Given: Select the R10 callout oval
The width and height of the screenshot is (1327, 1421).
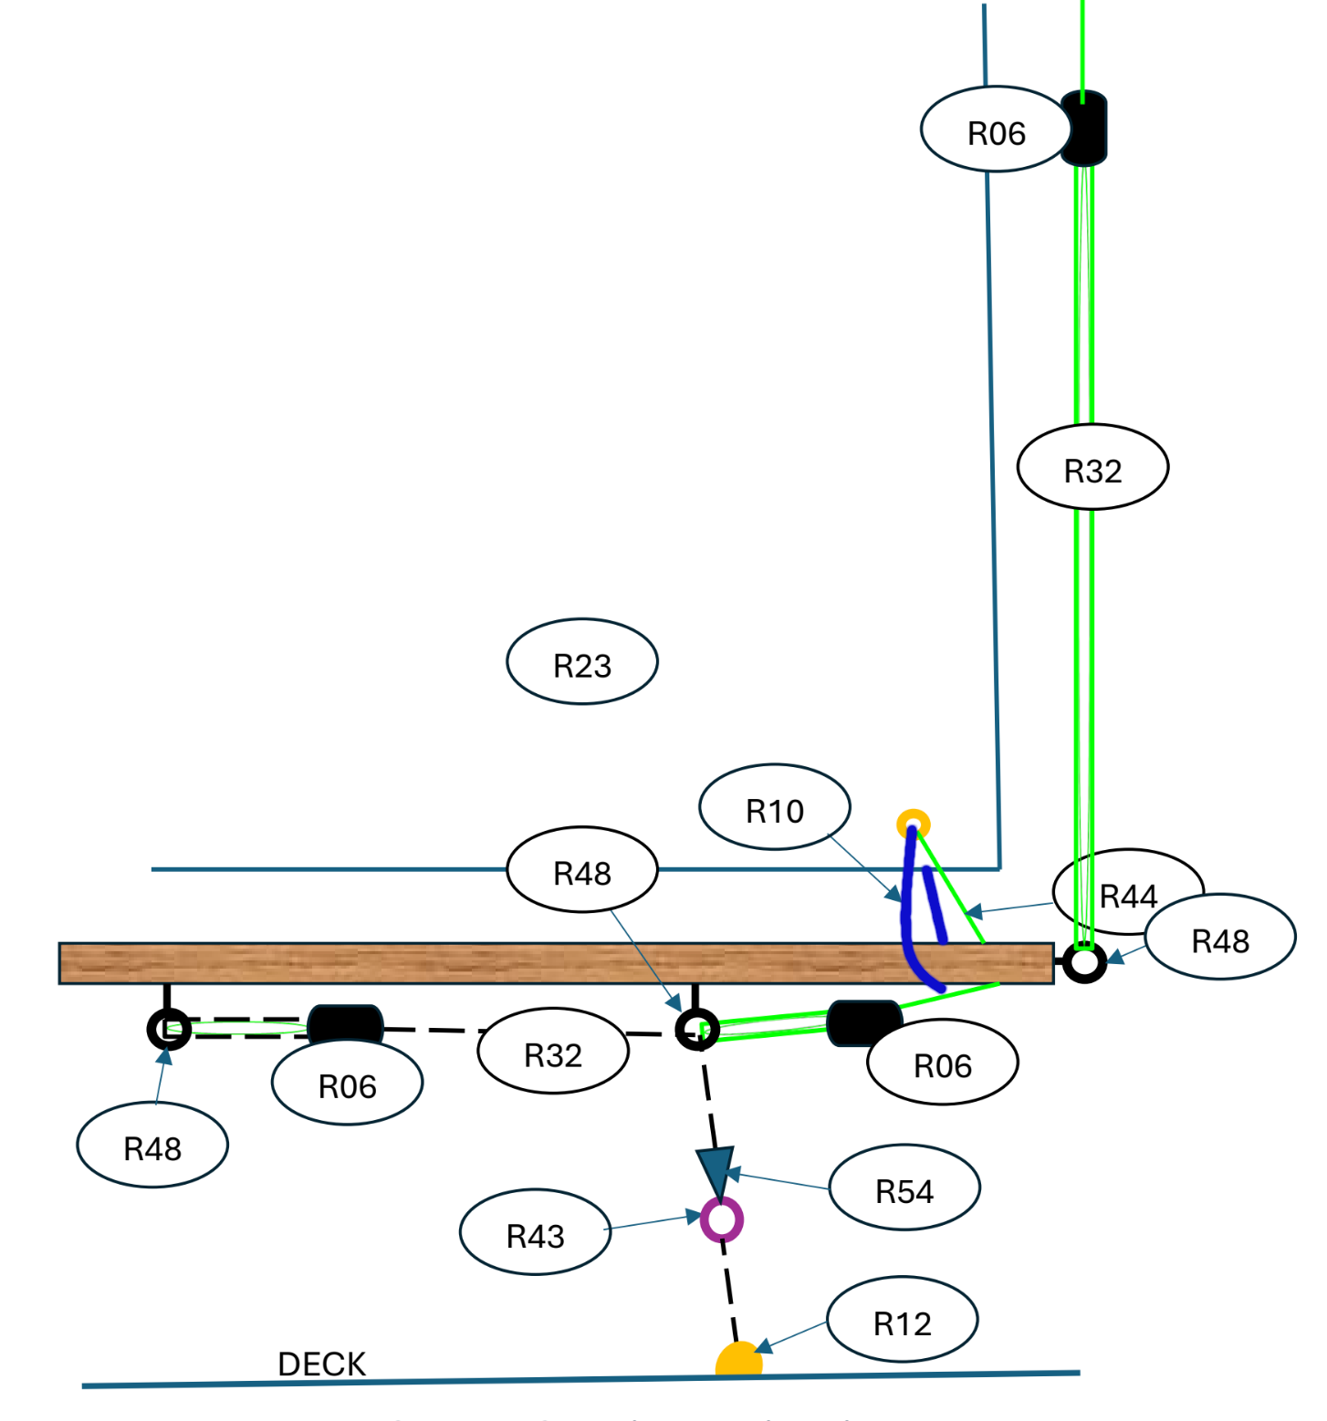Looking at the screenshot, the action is tap(775, 807).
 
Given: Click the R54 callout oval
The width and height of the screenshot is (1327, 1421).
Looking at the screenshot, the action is tap(904, 1188).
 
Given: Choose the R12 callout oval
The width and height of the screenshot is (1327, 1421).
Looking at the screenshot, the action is tap(903, 1320).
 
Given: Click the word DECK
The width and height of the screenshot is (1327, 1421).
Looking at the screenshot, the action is tap(321, 1364).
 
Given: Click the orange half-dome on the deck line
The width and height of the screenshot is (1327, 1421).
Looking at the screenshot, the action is tap(738, 1358).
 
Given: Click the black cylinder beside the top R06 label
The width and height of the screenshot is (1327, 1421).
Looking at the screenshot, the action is tap(1083, 128).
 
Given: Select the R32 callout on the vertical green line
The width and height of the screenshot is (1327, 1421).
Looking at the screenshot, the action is tap(1093, 467).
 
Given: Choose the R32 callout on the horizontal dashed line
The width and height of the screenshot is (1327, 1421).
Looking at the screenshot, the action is tap(553, 1051).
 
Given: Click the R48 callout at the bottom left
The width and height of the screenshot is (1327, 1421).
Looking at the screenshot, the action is tap(152, 1145).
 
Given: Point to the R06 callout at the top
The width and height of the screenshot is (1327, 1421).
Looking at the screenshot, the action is tap(997, 130).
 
